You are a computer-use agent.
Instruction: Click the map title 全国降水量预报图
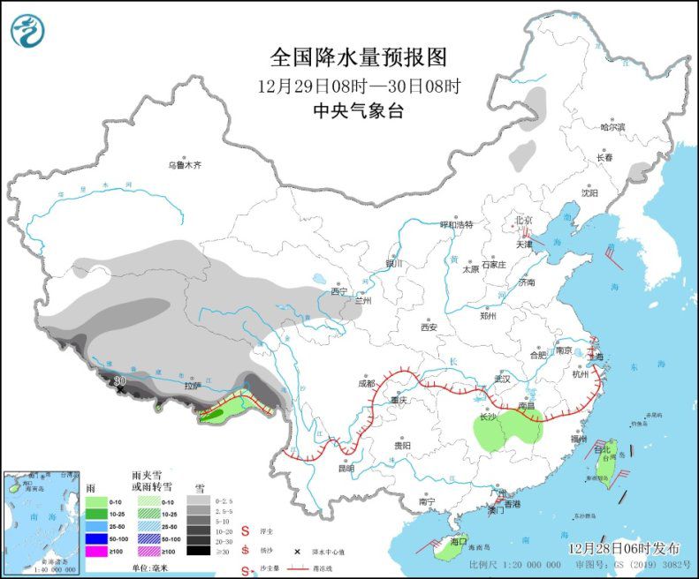(x=359, y=58)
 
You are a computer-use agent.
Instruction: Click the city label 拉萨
(x=193, y=386)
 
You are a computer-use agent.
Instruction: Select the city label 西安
(x=429, y=327)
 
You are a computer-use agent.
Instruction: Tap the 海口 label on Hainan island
(x=458, y=540)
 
